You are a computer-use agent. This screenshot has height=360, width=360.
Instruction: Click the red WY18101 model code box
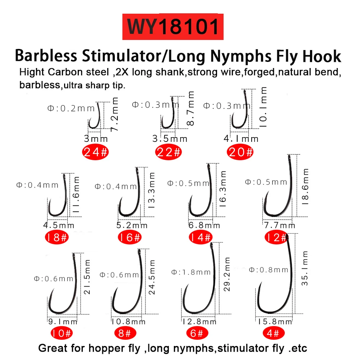pos(173,26)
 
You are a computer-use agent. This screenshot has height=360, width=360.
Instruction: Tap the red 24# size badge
pos(95,152)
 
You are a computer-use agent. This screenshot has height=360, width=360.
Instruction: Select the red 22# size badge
pos(168,152)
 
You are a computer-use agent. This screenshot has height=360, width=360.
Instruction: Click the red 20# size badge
pos(240,152)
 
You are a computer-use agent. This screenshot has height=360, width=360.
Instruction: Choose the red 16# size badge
pos(130,237)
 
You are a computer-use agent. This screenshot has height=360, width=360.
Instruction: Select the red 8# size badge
pos(124,333)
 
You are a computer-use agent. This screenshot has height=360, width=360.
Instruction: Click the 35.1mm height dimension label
pos(305,268)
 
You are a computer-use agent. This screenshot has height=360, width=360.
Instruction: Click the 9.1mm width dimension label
pos(63,321)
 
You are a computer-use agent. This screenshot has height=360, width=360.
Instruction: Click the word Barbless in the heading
pos(46,56)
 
